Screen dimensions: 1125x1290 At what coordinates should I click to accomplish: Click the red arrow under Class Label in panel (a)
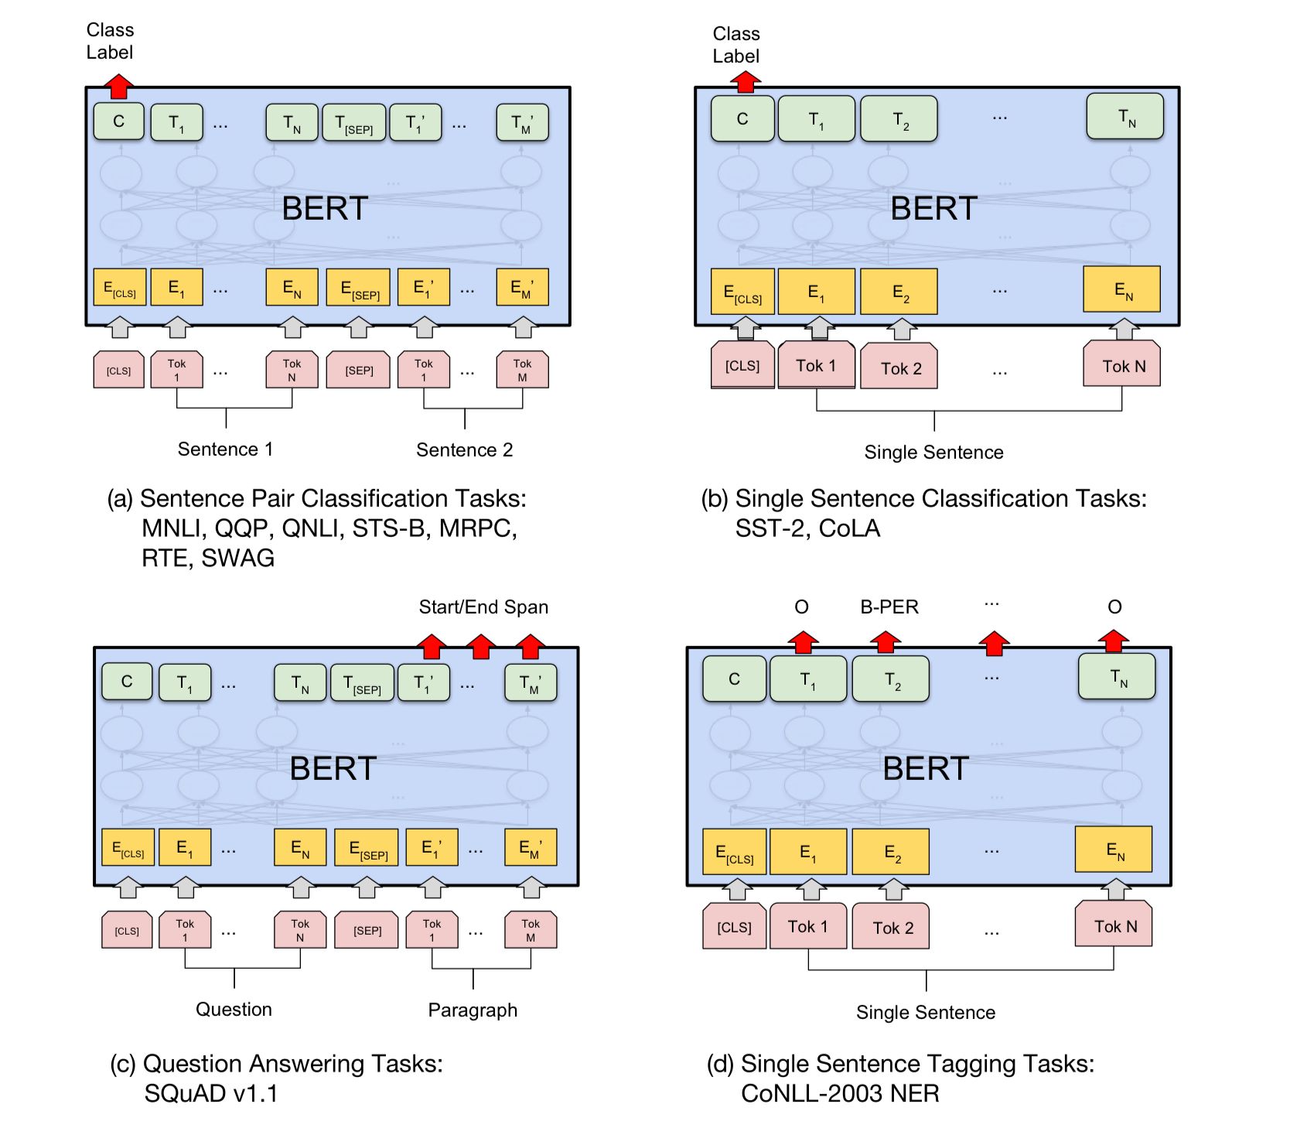(x=118, y=86)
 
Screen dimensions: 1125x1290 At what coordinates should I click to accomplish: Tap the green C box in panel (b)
(x=742, y=119)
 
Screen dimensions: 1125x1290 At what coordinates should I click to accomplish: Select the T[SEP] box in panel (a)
(x=353, y=123)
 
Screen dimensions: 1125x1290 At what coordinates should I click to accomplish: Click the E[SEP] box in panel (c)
(x=367, y=848)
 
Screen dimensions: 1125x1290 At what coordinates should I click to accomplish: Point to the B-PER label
(x=889, y=607)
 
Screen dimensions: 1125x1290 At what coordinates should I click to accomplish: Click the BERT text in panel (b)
(x=933, y=208)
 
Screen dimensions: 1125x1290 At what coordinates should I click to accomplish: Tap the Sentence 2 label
(x=464, y=450)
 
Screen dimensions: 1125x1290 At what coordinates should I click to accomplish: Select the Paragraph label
(x=473, y=1010)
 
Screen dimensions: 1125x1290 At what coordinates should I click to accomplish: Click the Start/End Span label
(x=483, y=607)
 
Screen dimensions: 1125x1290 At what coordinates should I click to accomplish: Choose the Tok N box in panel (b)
(x=1123, y=366)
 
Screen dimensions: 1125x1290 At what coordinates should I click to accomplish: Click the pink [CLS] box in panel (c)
(x=127, y=931)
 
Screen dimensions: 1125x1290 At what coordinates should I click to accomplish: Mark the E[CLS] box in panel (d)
(x=734, y=853)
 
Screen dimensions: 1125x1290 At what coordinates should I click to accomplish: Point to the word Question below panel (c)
(x=234, y=1009)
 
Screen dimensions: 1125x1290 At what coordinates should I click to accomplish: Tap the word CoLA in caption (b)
(x=849, y=528)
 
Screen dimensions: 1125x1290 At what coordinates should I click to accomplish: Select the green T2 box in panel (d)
(x=891, y=680)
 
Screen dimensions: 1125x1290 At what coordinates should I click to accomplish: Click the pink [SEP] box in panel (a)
(x=359, y=371)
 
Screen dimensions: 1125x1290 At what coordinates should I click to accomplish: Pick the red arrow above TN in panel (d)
(x=1114, y=641)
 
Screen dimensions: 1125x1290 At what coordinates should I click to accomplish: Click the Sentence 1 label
(x=225, y=449)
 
